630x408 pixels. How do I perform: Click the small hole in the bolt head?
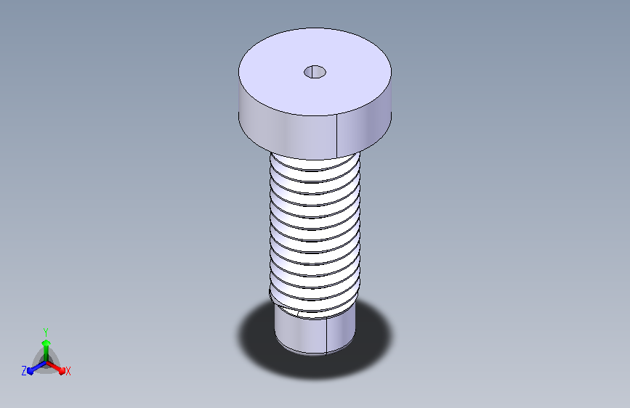315,72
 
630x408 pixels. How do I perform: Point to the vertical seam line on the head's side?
336,136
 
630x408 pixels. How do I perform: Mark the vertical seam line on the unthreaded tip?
326,335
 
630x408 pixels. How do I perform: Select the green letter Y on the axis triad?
46,332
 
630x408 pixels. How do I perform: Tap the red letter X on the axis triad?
68,372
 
